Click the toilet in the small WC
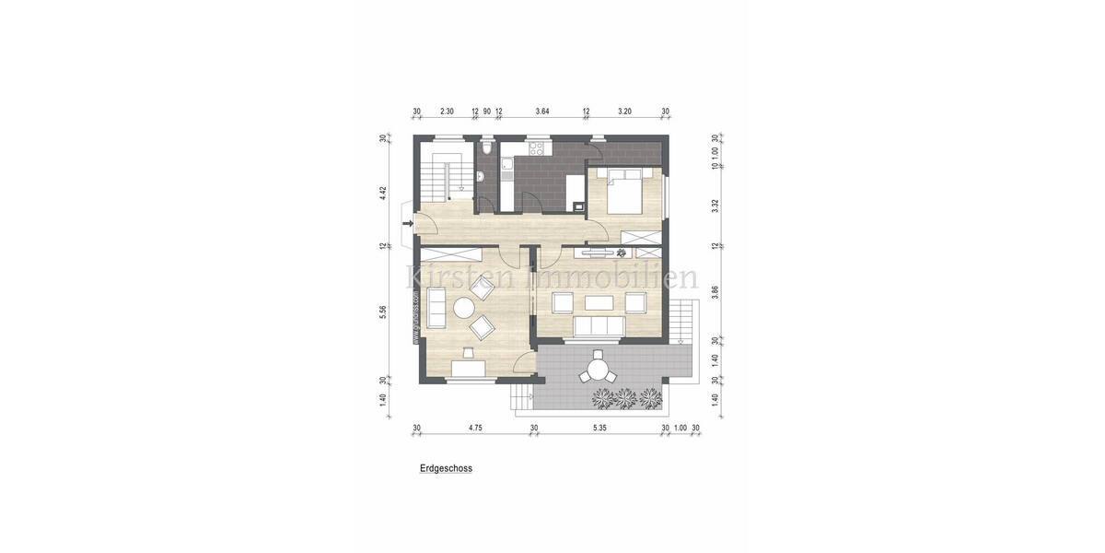[485, 147]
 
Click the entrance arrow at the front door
[408, 221]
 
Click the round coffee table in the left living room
[463, 311]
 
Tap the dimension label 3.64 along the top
[542, 112]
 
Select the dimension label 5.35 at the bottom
[599, 428]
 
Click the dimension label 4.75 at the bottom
[475, 428]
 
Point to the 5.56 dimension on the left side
[383, 312]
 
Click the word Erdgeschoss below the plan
[446, 468]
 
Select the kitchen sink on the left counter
[506, 168]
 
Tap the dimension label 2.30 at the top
[447, 112]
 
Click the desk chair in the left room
[468, 351]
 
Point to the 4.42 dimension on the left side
[383, 193]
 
